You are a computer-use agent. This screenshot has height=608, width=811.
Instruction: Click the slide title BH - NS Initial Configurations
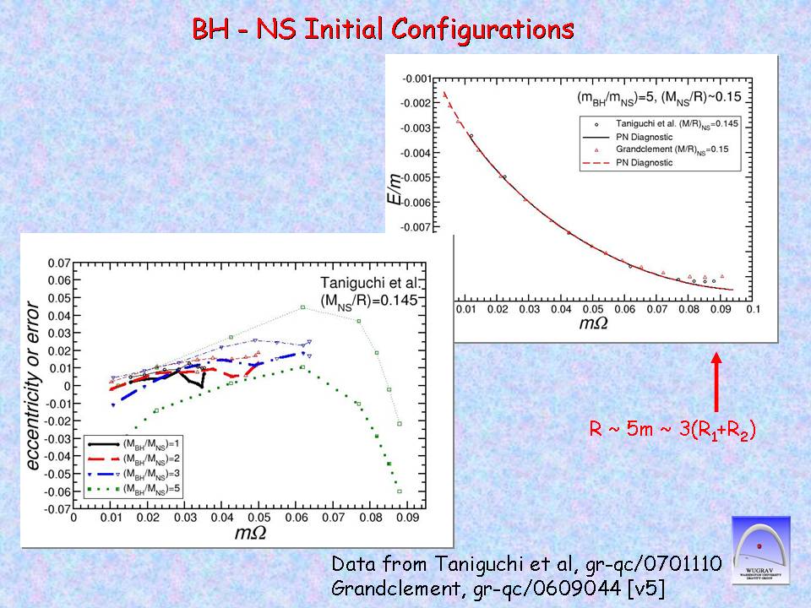click(384, 30)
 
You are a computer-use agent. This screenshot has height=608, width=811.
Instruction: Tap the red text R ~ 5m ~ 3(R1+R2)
click(672, 431)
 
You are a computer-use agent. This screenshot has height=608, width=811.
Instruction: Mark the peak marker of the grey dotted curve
click(302, 307)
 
